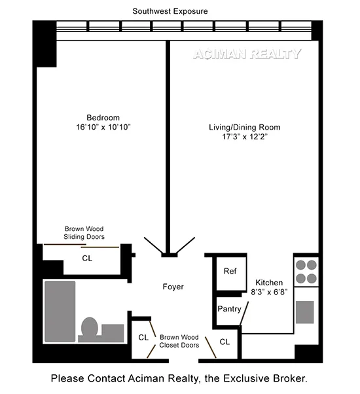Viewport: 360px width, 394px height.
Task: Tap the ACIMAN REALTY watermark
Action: pyautogui.click(x=247, y=54)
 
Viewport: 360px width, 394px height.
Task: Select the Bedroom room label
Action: pyautogui.click(x=103, y=118)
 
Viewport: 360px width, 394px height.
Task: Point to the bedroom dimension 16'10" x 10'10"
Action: pyautogui.click(x=103, y=127)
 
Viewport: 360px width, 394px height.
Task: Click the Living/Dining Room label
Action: pyautogui.click(x=242, y=128)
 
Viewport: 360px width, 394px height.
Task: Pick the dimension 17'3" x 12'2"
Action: pyautogui.click(x=242, y=138)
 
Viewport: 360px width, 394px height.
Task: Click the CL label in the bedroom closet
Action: pyautogui.click(x=87, y=258)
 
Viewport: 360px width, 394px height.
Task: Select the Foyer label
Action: pyautogui.click(x=173, y=287)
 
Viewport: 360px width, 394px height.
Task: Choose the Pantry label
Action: pyautogui.click(x=229, y=309)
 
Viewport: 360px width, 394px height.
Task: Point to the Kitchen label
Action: pyautogui.click(x=269, y=283)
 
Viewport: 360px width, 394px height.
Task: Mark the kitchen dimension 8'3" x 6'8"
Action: pyautogui.click(x=269, y=293)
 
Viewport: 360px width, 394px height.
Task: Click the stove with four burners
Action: pyautogui.click(x=305, y=272)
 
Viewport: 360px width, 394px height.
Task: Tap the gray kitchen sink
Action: pyautogui.click(x=305, y=312)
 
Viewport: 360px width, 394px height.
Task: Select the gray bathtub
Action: pyautogui.click(x=61, y=312)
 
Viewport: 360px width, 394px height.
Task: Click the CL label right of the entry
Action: pyautogui.click(x=225, y=342)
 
